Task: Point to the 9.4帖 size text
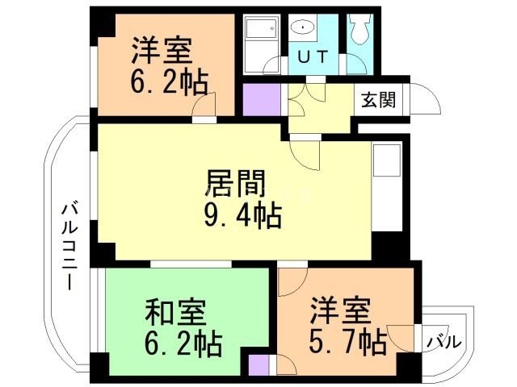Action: (242, 215)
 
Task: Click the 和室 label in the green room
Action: (174, 310)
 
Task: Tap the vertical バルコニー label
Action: (69, 247)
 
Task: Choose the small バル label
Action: (443, 342)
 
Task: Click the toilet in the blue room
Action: (359, 33)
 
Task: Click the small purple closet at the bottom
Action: (259, 365)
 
